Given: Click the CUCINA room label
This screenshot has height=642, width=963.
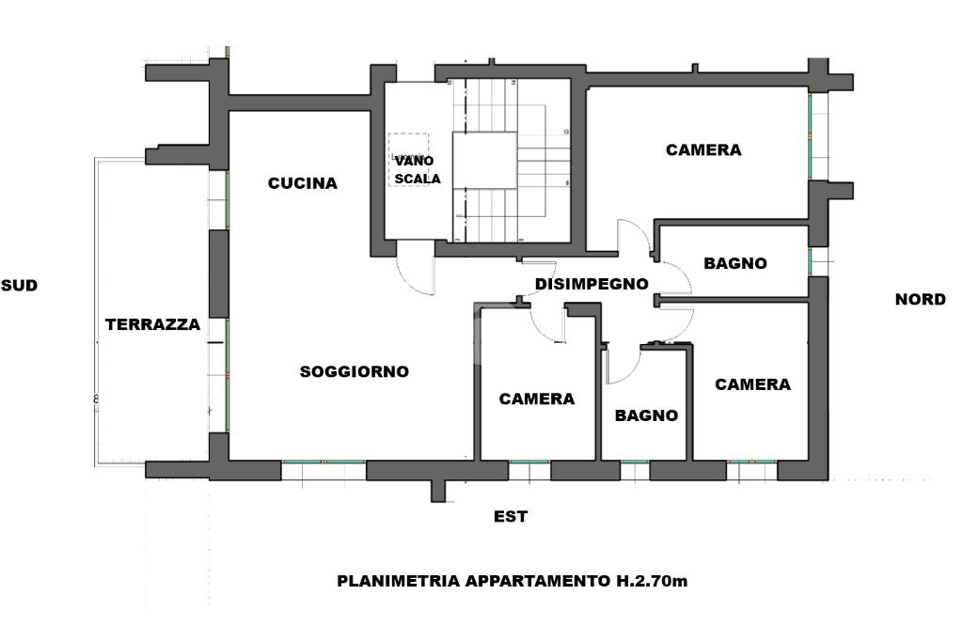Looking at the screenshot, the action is point(302,183).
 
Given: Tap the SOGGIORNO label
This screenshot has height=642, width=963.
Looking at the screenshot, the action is point(355,371).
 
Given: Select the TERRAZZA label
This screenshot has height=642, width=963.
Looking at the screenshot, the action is point(152,324).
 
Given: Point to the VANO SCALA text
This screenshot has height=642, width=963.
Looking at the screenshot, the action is point(418,169).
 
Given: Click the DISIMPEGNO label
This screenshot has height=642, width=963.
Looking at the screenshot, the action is point(592,284).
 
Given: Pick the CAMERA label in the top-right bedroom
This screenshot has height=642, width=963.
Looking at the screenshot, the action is point(703,149).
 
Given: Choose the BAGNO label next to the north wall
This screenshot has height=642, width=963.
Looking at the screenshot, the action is point(735,263).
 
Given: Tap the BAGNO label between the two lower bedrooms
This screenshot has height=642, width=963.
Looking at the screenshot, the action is point(646,415).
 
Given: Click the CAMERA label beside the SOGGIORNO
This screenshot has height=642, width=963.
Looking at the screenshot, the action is point(537,399).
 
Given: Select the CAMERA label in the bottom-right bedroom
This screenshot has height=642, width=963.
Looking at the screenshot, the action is point(752,384).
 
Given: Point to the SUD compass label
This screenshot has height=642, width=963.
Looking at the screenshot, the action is point(19,286).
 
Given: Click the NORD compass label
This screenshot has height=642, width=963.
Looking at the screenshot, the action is point(920,300).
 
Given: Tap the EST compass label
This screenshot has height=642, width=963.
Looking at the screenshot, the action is point(511,517).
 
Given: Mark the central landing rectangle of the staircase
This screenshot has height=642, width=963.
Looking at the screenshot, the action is point(484,160).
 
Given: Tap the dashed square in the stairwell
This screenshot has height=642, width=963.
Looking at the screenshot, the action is point(408,160).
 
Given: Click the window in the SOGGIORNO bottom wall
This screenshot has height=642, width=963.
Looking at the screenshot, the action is point(324,470).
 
